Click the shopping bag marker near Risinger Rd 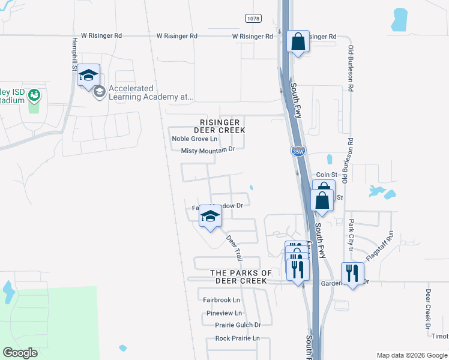click(298, 42)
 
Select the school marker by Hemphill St click(88, 76)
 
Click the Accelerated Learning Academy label click(150, 92)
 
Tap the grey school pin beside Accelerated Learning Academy click(100, 92)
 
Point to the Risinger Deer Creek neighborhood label click(219, 125)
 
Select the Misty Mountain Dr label click(207, 150)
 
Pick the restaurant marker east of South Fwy click(352, 274)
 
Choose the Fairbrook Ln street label click(221, 299)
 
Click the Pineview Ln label click(223, 313)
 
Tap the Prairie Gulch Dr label click(238, 325)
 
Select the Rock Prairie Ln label click(237, 338)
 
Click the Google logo click(20, 352)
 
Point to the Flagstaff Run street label click(378, 245)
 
